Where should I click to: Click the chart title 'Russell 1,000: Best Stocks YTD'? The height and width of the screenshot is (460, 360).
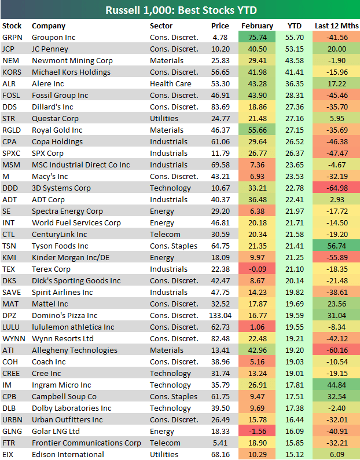coord(180,10)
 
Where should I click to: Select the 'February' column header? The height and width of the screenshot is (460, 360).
coord(257,26)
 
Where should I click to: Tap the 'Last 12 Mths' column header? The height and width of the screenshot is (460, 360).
coord(336,26)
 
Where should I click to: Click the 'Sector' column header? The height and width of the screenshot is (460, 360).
coord(161,26)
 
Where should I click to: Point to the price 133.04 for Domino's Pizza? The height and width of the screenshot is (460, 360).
coord(221,316)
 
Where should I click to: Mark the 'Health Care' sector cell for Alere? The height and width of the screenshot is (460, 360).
coord(169,84)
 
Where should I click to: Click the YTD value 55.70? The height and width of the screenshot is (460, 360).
coord(295,38)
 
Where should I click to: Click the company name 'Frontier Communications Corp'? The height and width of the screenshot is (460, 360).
coord(86,443)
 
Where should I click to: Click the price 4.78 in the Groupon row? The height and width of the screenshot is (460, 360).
coord(223,38)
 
